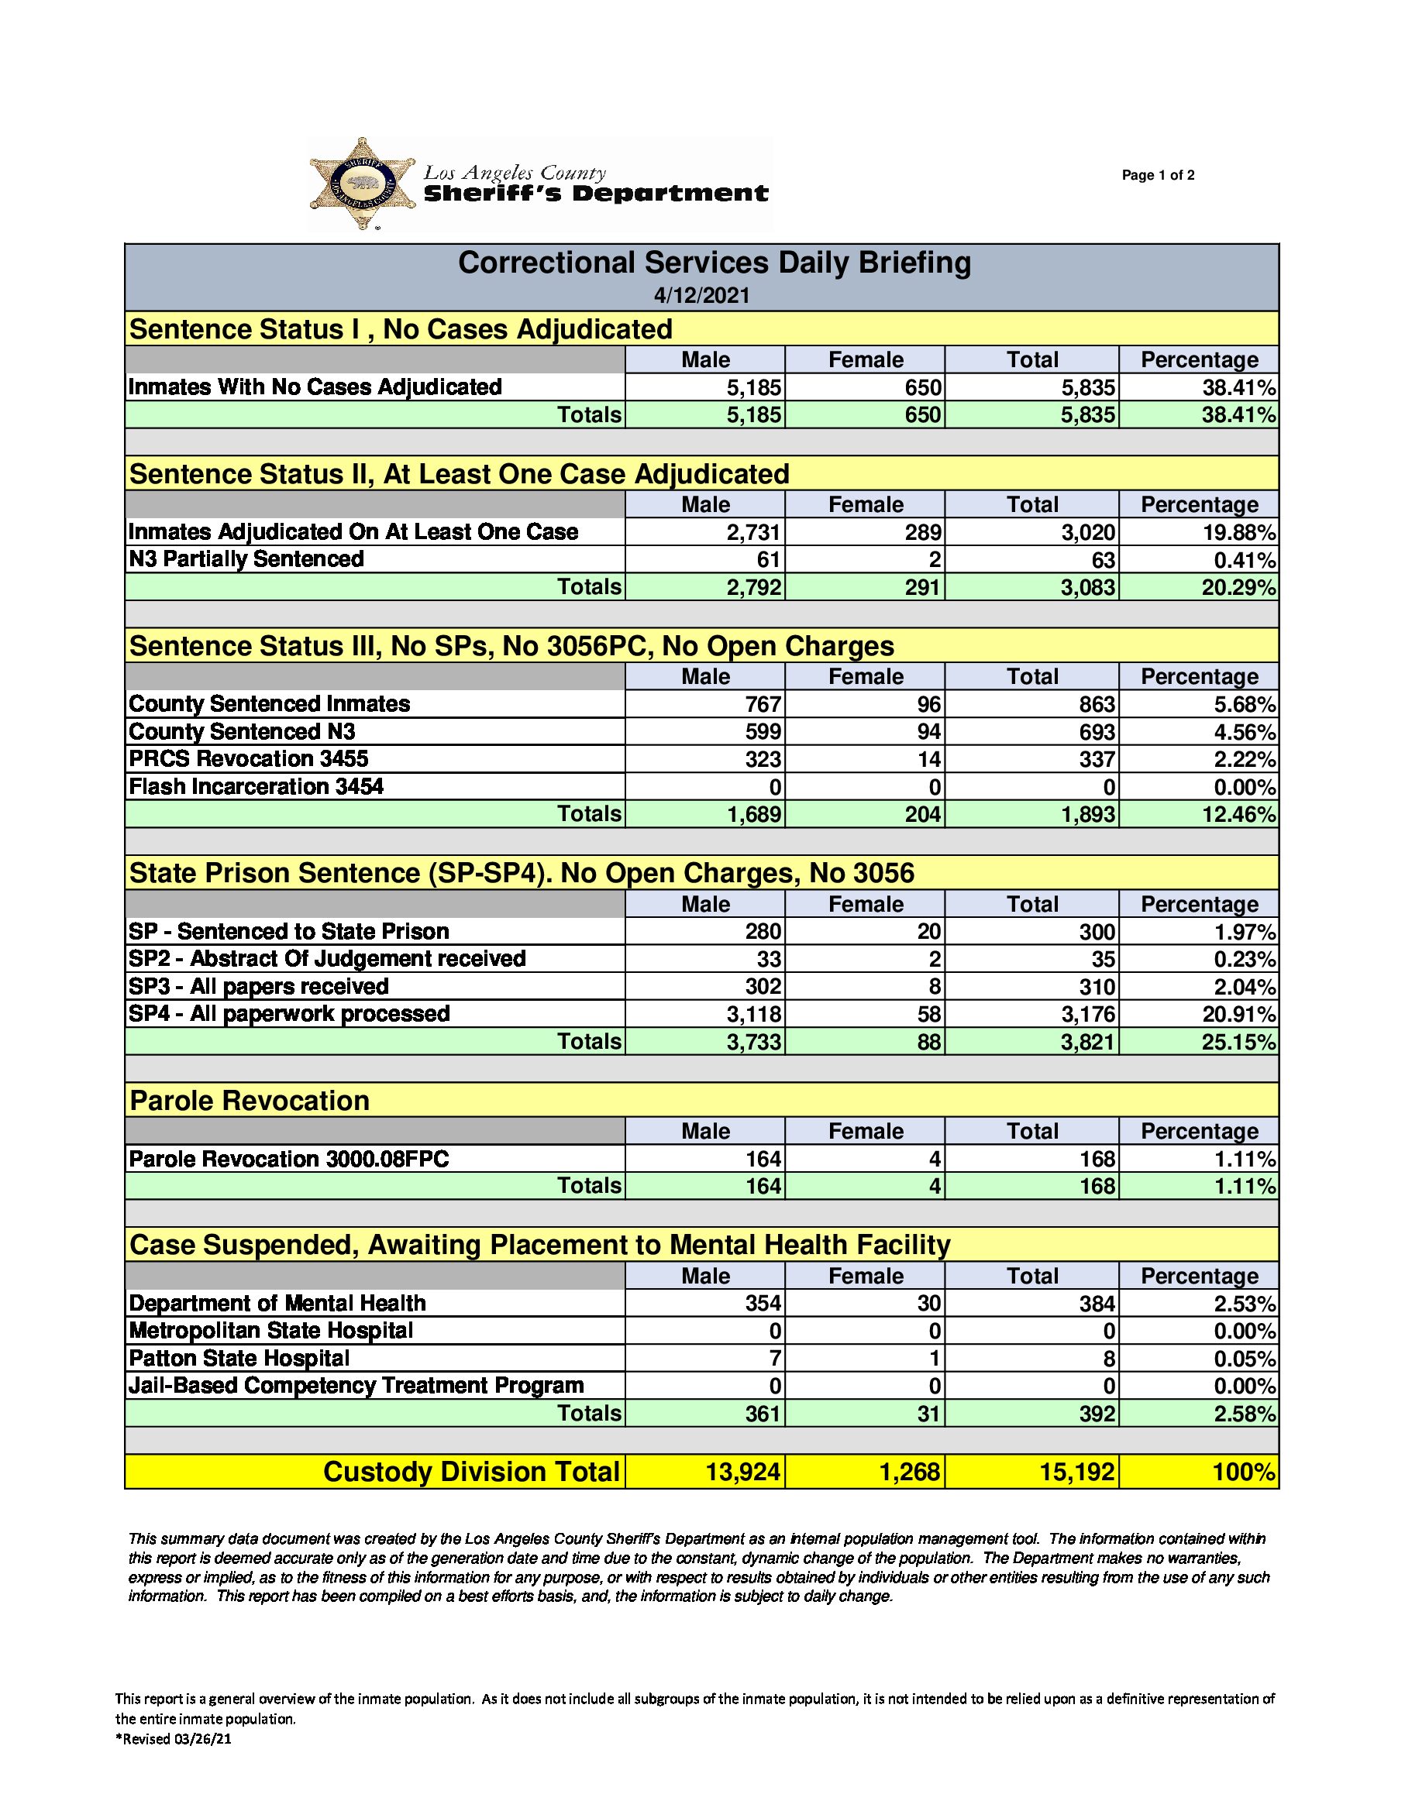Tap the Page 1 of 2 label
(1158, 176)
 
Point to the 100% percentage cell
(1244, 1472)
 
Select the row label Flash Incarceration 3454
(256, 787)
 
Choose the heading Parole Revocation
(249, 1101)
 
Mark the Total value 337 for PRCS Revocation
(1097, 759)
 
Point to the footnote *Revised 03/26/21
(174, 1739)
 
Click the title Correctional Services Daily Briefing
(714, 263)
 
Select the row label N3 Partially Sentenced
(246, 559)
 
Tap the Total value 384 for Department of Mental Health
(1097, 1304)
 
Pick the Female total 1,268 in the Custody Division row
(910, 1472)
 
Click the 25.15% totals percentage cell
(1238, 1042)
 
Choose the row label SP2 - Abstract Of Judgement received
(326, 959)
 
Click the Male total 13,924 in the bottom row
(742, 1472)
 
